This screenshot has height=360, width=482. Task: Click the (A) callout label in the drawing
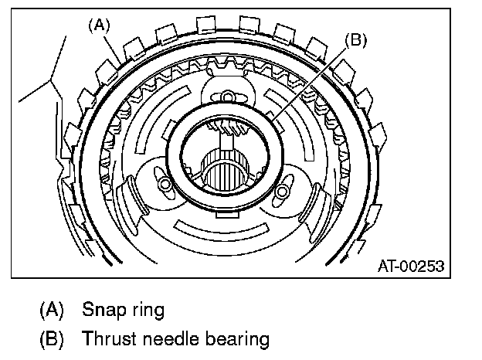pos(98,25)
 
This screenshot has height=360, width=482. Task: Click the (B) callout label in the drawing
pos(356,41)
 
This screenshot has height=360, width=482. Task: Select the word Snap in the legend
pos(102,311)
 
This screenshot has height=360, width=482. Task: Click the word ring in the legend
pos(148,311)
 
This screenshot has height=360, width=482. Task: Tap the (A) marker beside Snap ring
pos(50,311)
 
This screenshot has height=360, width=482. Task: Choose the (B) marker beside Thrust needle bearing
pos(50,338)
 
